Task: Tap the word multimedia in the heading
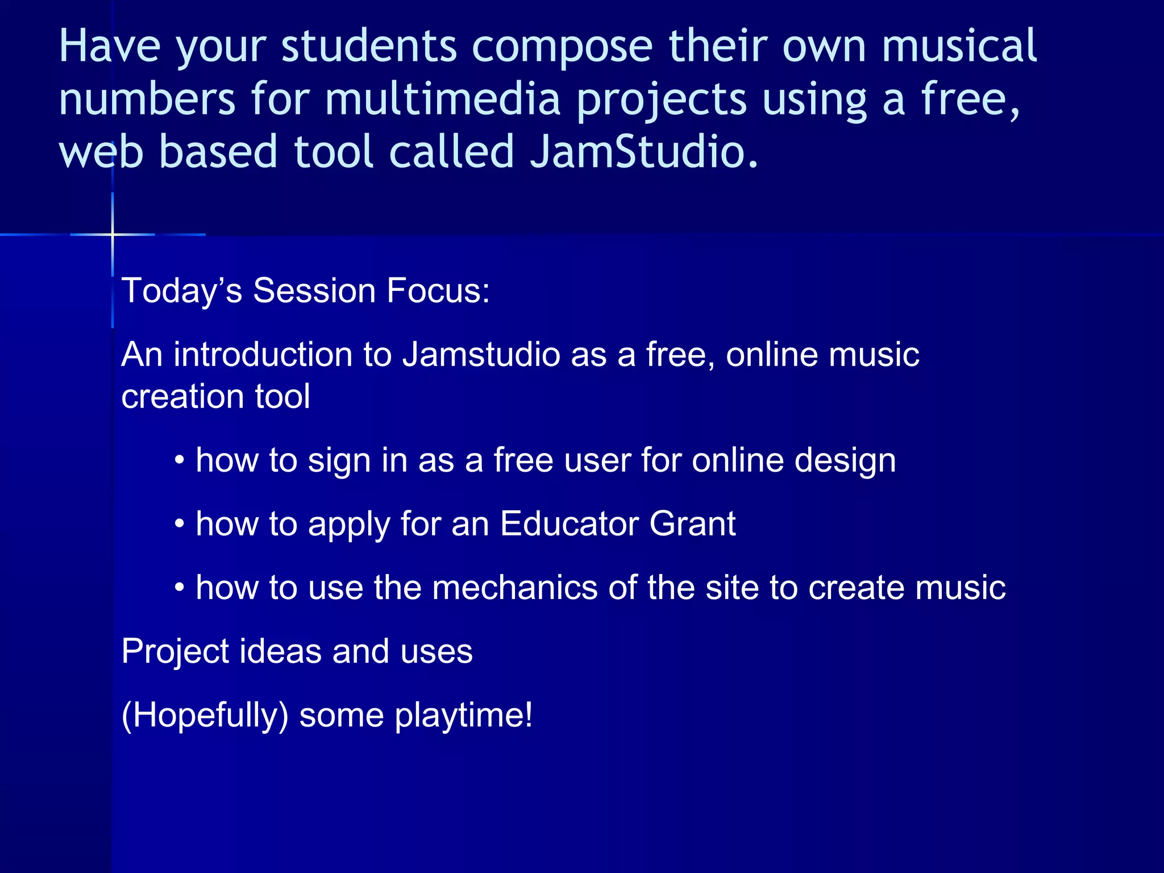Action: (443, 99)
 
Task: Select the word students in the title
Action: (369, 46)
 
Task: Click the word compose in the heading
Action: (562, 46)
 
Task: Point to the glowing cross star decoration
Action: (113, 234)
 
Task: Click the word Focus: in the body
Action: (438, 290)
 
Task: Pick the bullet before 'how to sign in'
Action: (180, 459)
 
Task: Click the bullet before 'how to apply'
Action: (180, 523)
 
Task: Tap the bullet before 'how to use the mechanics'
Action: (180, 587)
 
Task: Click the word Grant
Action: (692, 523)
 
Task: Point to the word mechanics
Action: (514, 587)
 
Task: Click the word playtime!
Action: (464, 715)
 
